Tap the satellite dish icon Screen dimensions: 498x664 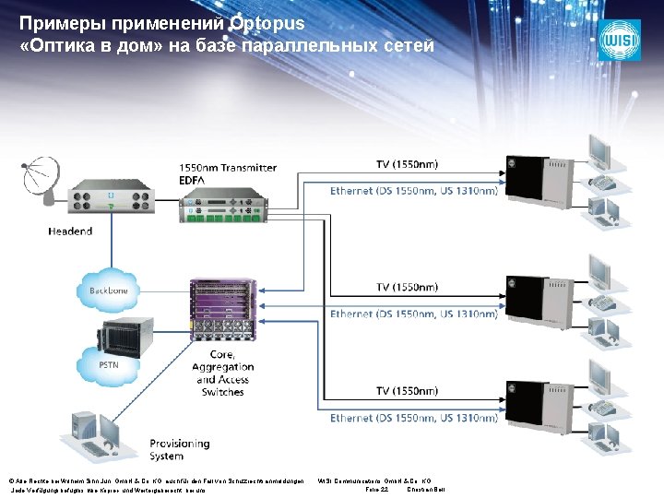(x=41, y=177)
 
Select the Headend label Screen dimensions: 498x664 (x=70, y=231)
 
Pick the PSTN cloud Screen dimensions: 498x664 (x=109, y=365)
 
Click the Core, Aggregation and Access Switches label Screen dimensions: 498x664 (x=222, y=373)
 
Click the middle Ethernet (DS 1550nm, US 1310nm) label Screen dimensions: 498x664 (x=414, y=314)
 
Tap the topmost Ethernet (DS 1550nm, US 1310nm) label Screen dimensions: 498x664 (x=414, y=191)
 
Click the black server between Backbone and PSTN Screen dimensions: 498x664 (x=113, y=326)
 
